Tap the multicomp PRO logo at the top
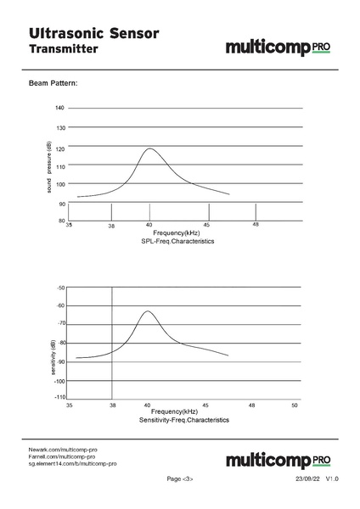click(278, 48)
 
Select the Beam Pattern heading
click(53, 84)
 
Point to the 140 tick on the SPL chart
click(59, 109)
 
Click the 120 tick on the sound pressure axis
click(59, 148)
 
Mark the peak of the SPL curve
click(150, 148)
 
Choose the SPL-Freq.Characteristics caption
click(177, 242)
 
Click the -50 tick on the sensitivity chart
click(60, 288)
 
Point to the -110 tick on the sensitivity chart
click(59, 397)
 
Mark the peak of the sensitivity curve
click(149, 311)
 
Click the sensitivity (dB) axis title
click(52, 358)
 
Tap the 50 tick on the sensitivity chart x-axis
click(294, 406)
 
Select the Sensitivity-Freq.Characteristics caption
click(184, 420)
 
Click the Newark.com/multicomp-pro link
click(63, 449)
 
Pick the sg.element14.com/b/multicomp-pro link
click(72, 464)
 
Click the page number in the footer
click(180, 479)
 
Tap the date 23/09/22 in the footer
click(307, 479)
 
